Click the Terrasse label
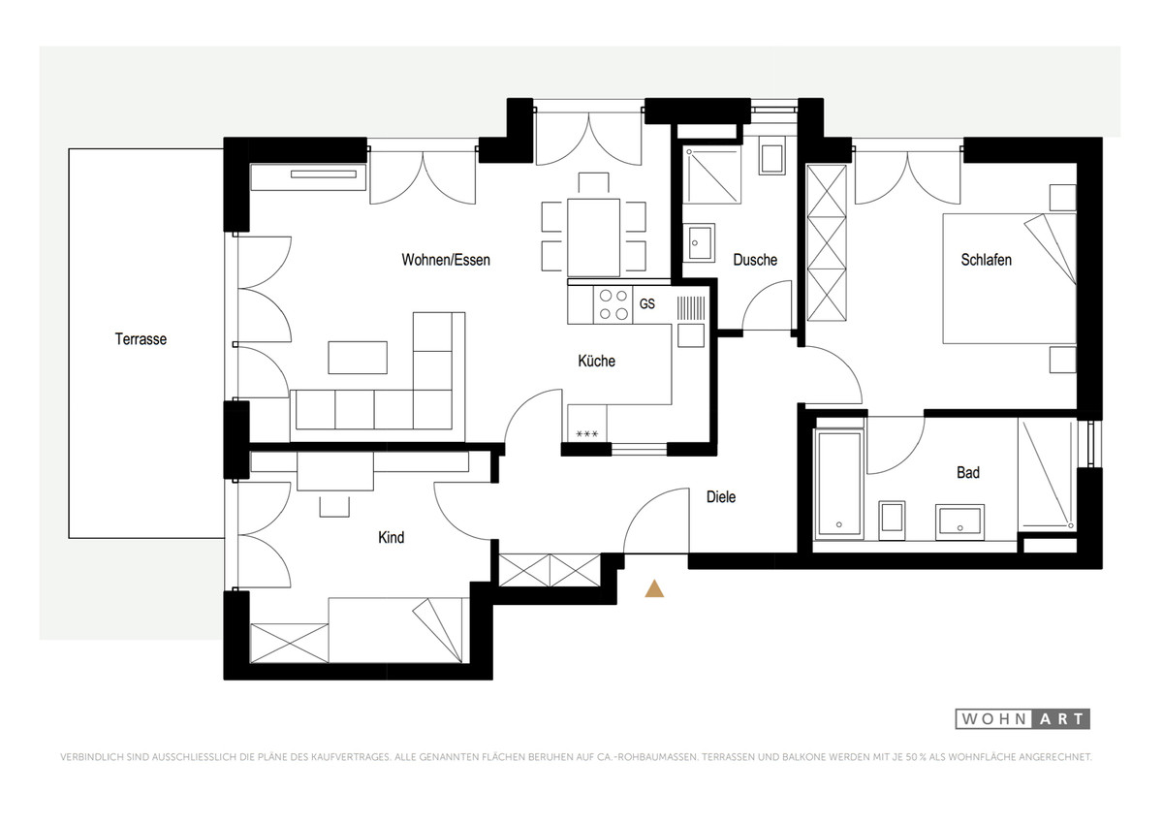(141, 339)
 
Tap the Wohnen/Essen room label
(446, 260)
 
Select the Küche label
(597, 361)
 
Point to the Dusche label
(755, 260)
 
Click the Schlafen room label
(986, 260)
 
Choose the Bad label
(968, 472)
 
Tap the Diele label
(721, 497)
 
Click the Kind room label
(391, 537)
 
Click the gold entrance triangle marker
(654, 588)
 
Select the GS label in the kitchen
(647, 303)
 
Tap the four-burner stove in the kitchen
(613, 304)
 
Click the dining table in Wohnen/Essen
(593, 237)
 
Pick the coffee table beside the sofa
(358, 358)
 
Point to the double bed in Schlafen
(1009, 278)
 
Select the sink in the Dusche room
(699, 242)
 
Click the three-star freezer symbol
(586, 433)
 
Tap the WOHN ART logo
(1022, 718)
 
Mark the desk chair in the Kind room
(334, 506)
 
